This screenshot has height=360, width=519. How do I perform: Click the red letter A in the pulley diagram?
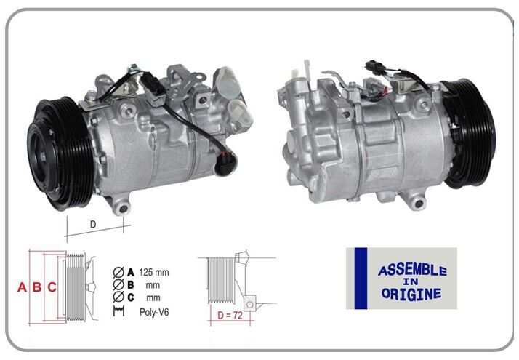click(x=22, y=287)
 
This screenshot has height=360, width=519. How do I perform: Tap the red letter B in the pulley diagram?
click(x=37, y=287)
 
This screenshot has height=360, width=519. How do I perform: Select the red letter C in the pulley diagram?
click(x=52, y=287)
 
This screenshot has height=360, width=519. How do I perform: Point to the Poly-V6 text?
click(x=154, y=311)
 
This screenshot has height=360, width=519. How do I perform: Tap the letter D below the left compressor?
click(x=93, y=224)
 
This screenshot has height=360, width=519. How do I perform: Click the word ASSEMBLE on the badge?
click(x=411, y=271)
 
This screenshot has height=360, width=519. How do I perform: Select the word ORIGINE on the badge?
click(x=411, y=295)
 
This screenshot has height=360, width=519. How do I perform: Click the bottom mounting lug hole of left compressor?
click(x=122, y=209)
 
